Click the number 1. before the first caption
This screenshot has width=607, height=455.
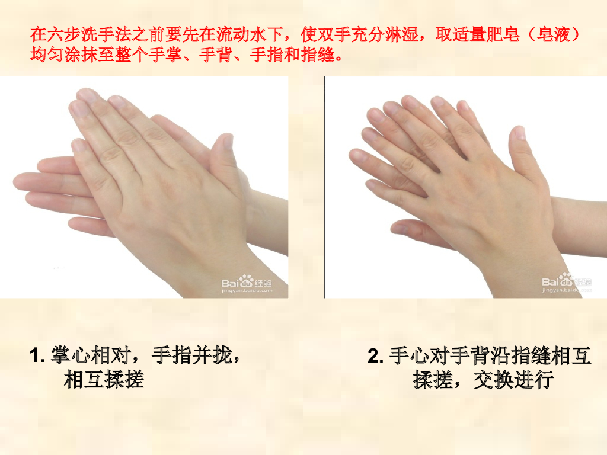click(37, 355)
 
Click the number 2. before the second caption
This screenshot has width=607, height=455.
click(375, 356)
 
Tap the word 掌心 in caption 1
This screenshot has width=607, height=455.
click(70, 355)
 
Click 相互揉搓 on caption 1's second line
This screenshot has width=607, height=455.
click(104, 379)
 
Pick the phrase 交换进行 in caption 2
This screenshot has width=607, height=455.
click(514, 380)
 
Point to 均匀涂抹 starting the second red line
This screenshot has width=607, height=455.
click(64, 55)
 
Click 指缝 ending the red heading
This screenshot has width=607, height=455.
click(318, 55)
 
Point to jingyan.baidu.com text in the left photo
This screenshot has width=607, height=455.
click(247, 291)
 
